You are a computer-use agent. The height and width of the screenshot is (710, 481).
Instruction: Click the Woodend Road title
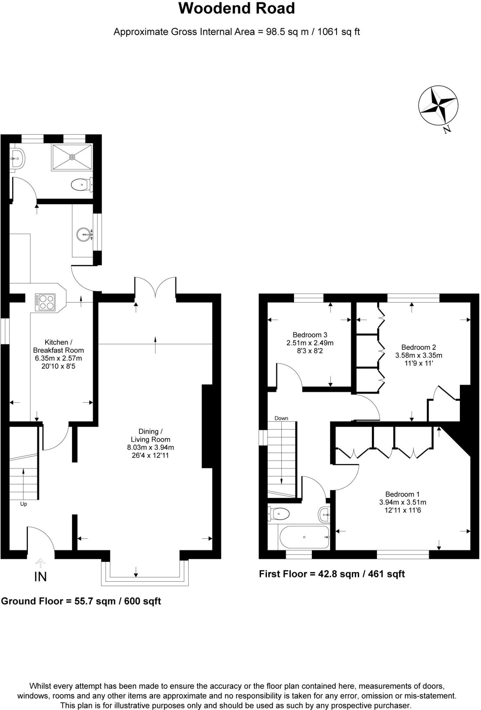click(237, 9)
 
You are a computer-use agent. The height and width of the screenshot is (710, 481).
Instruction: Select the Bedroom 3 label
click(310, 335)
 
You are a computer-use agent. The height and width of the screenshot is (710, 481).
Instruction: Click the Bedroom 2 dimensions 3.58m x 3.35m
click(419, 355)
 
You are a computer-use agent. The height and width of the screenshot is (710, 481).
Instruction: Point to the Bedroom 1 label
click(402, 494)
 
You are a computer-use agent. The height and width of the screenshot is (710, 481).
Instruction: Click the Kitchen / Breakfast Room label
click(58, 346)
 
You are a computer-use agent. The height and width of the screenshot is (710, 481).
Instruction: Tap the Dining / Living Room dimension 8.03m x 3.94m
click(150, 447)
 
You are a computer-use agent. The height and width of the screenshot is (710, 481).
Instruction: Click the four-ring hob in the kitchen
click(45, 302)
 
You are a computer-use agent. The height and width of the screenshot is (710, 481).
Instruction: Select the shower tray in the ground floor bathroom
click(72, 157)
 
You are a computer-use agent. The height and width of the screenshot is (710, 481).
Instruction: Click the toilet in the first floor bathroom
click(279, 513)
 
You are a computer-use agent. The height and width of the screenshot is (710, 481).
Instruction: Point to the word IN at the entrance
click(40, 577)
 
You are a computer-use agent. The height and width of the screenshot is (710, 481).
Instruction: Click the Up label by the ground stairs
click(24, 504)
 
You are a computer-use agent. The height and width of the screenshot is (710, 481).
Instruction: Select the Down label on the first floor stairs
click(281, 418)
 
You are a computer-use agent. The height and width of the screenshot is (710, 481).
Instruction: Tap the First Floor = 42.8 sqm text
click(331, 574)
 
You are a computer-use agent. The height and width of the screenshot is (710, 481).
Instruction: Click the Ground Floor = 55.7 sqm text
click(81, 601)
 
